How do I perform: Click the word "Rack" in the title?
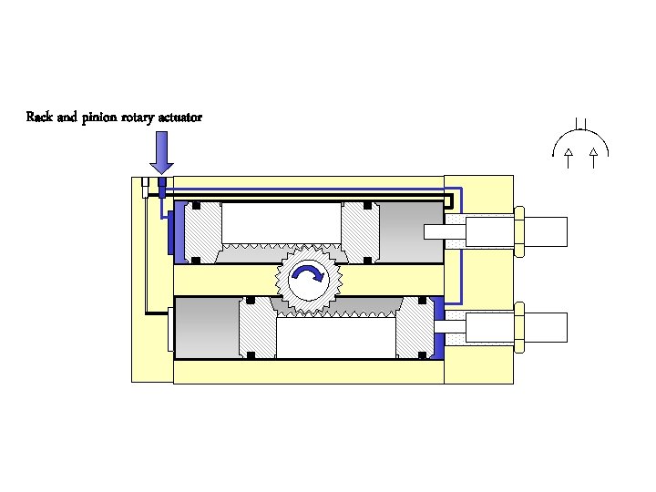40,118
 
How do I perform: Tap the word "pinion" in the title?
99,118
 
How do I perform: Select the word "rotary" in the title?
142,118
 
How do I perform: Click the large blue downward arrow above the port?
161,151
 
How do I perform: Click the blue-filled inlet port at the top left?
162,188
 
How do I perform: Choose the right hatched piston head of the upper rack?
360,232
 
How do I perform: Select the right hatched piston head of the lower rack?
414,327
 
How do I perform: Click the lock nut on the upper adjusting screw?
518,231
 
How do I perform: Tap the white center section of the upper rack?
281,222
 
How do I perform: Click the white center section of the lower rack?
334,338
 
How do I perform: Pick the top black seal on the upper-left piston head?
196,206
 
